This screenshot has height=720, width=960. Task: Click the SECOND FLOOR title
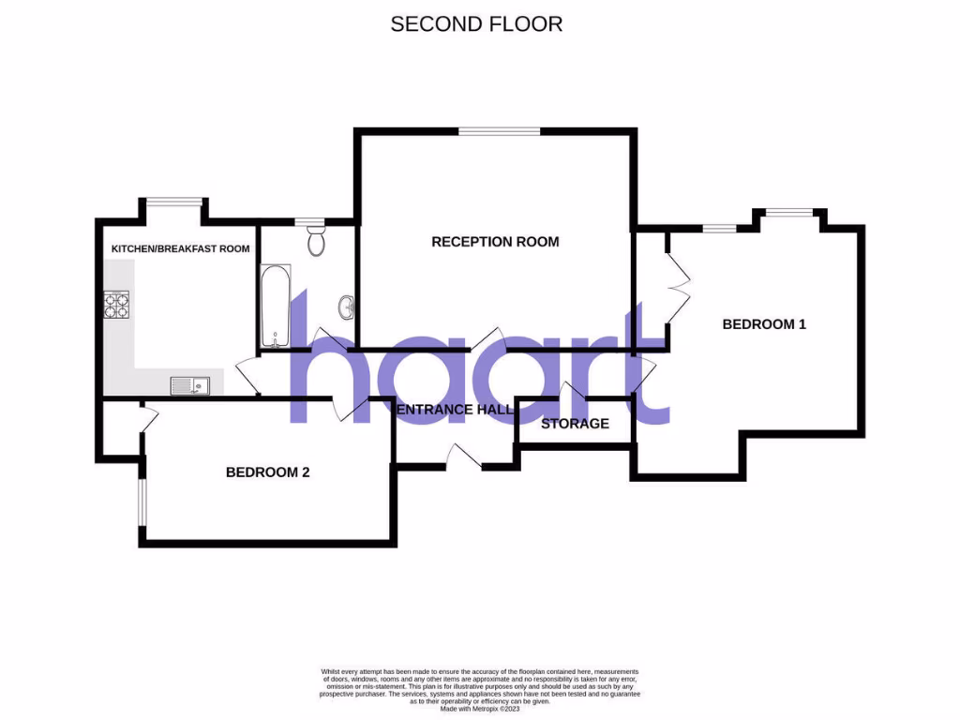476,24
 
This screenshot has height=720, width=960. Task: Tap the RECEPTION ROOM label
495,242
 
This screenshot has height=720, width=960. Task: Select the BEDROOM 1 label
764,324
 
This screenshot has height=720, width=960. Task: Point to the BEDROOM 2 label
267,472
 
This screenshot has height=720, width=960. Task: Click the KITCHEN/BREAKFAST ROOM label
181,248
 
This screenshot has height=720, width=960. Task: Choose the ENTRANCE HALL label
455,410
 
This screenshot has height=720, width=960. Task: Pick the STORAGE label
575,424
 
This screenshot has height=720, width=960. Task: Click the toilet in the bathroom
316,241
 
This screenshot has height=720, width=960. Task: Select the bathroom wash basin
347,305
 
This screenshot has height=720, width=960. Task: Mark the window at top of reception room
499,132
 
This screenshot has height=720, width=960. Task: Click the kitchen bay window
173,201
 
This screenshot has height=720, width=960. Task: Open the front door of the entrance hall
464,457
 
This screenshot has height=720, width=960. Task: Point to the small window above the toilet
308,221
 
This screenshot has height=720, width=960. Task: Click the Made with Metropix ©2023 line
479,709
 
